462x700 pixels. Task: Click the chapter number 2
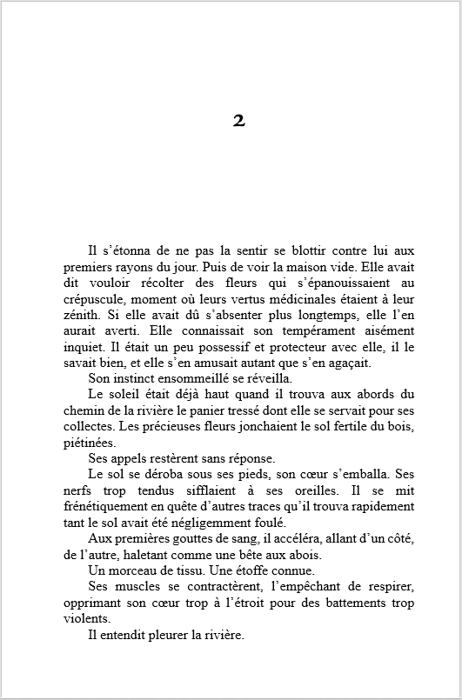coord(239,121)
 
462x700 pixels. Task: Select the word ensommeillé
coord(196,379)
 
